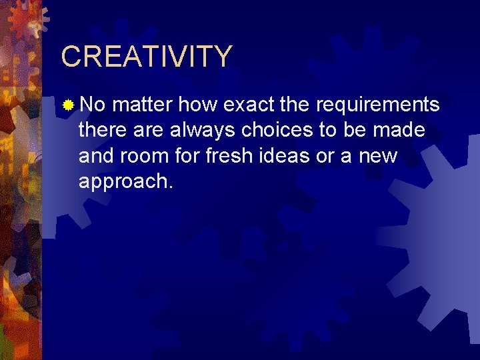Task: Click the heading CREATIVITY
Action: coord(147,57)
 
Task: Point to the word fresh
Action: coord(227,156)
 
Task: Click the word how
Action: coord(199,105)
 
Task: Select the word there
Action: coord(101,131)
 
